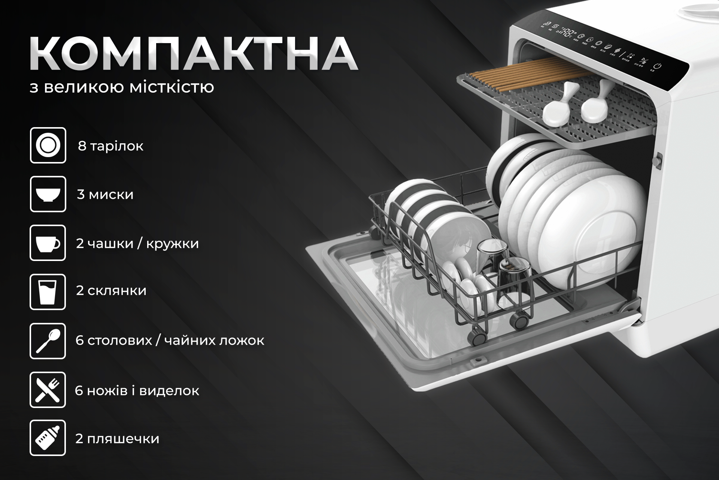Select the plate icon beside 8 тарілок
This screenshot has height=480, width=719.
click(48, 145)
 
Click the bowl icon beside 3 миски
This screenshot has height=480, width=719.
click(48, 194)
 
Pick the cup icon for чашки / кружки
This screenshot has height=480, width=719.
click(48, 243)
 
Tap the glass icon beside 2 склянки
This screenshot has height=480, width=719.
click(48, 292)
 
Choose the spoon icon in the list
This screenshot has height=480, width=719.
click(48, 341)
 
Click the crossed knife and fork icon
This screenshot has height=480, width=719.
click(48, 390)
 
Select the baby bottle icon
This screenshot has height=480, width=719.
click(48, 438)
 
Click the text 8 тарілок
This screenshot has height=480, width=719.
click(110, 146)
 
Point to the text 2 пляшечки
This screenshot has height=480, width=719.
click(117, 438)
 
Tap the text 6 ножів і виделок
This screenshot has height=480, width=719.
click(137, 390)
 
